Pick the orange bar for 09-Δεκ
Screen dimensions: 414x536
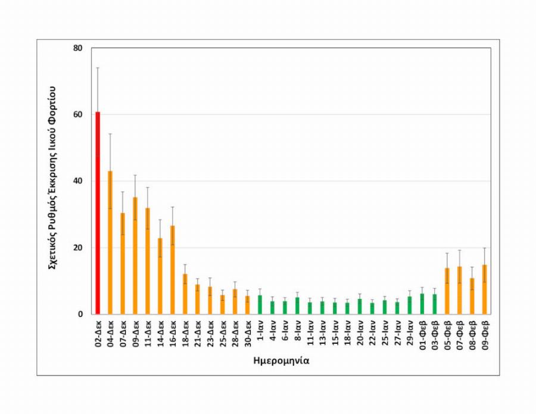tap(135, 256)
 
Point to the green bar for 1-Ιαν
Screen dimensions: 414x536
tap(260, 304)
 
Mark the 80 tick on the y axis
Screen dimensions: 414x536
tap(78, 48)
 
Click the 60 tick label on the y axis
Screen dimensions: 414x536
tap(78, 114)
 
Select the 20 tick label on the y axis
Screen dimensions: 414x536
tap(78, 248)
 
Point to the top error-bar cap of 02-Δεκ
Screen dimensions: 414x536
tap(98, 68)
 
